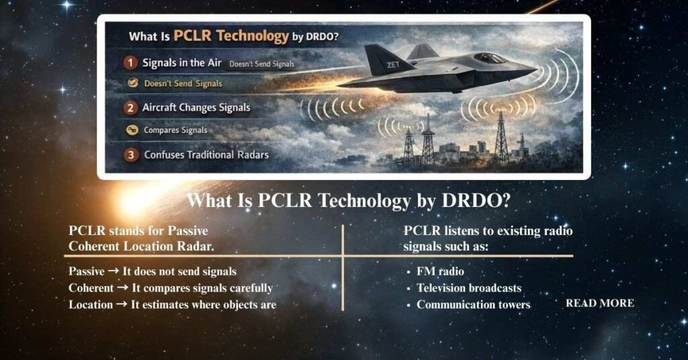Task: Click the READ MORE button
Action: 599,303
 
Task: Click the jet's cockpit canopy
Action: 488,58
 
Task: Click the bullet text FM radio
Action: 440,272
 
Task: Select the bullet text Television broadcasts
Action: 468,288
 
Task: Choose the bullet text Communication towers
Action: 473,304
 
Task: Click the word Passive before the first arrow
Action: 87,272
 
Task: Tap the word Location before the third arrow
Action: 90,304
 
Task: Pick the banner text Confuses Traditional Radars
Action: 206,155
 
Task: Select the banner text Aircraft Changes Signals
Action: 196,107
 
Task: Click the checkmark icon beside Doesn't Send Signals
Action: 132,84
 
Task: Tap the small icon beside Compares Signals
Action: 132,130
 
